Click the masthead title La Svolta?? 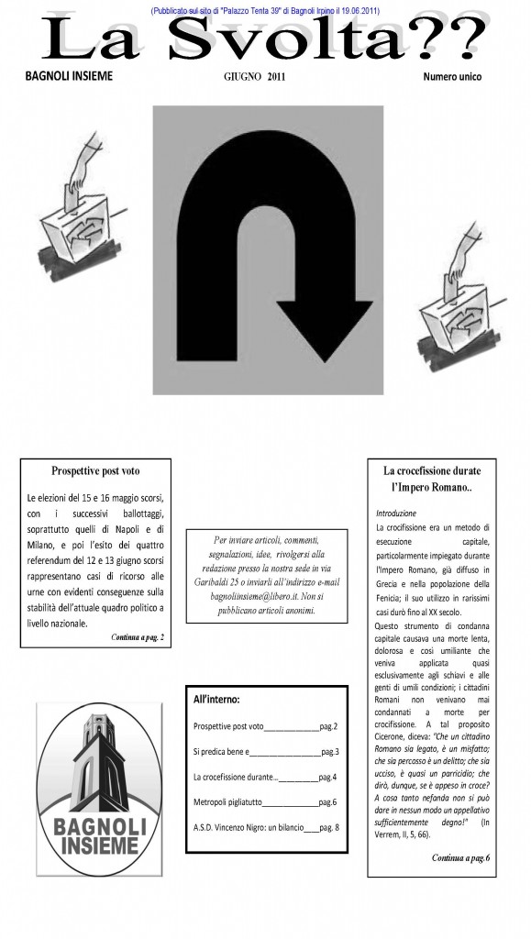coord(264,38)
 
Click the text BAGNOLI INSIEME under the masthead coord(69,76)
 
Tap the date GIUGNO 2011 coord(254,77)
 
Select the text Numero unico coord(452,77)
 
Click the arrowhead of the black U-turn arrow coord(325,330)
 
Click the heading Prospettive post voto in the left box coord(95,470)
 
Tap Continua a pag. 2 coord(137,637)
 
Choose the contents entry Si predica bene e coord(222,752)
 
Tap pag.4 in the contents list coord(327,778)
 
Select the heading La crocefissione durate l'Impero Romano coord(432,479)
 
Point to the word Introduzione coord(395,514)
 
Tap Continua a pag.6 coord(461,857)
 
